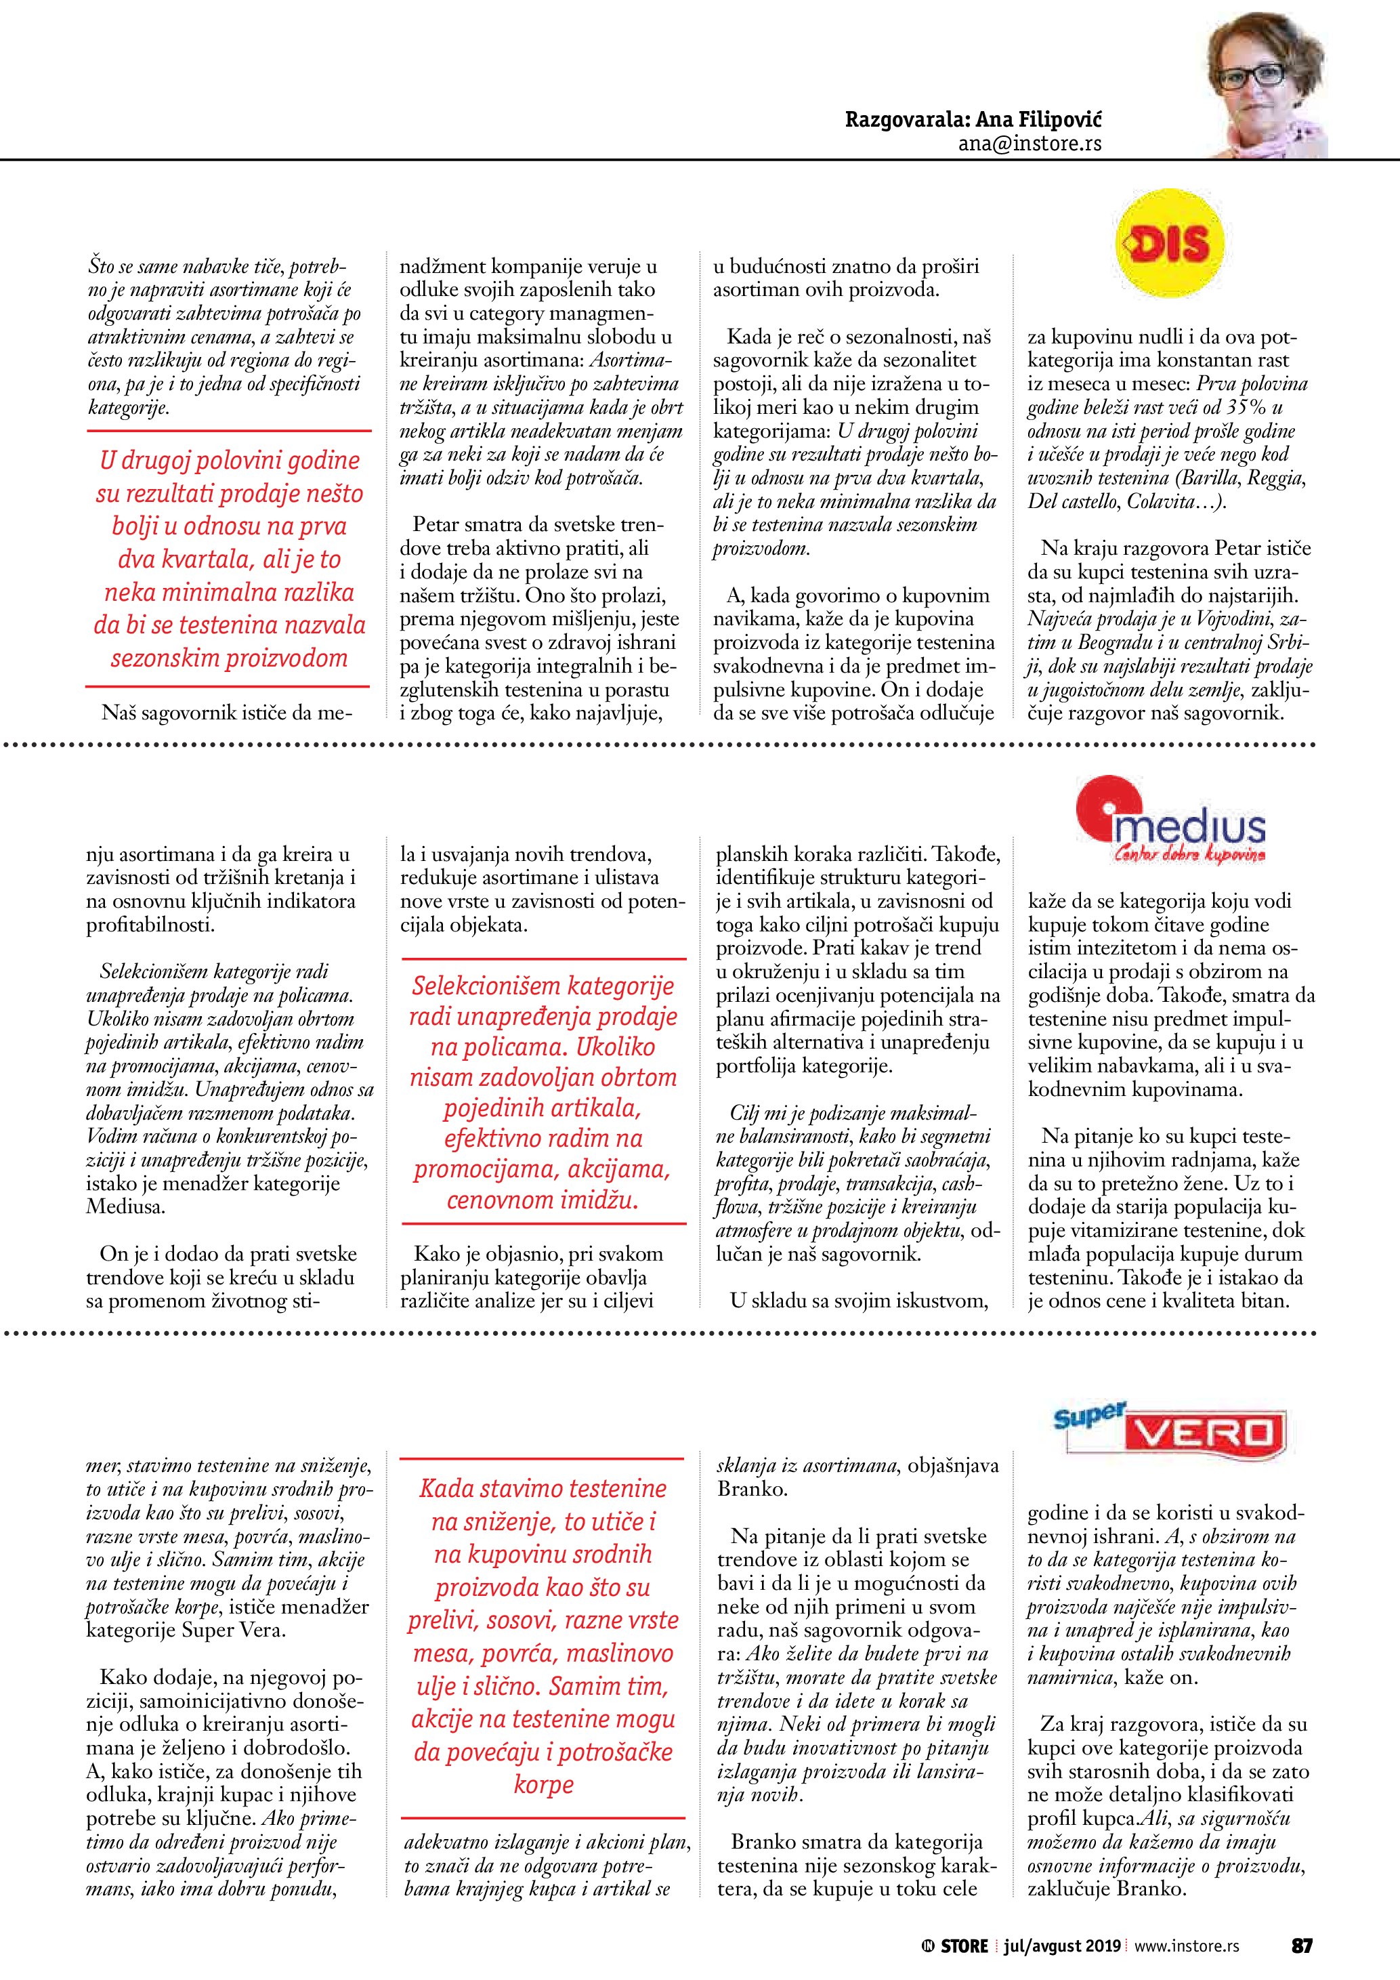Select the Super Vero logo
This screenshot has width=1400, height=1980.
pos(1170,1431)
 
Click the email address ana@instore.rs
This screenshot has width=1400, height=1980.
pos(1030,144)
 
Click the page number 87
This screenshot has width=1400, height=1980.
pos(1301,1945)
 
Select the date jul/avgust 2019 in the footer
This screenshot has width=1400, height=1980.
pos(1062,1945)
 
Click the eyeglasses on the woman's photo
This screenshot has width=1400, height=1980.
pos(1251,76)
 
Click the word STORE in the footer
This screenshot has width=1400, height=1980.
pos(964,1945)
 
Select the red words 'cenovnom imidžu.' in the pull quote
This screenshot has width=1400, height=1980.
pos(543,1200)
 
